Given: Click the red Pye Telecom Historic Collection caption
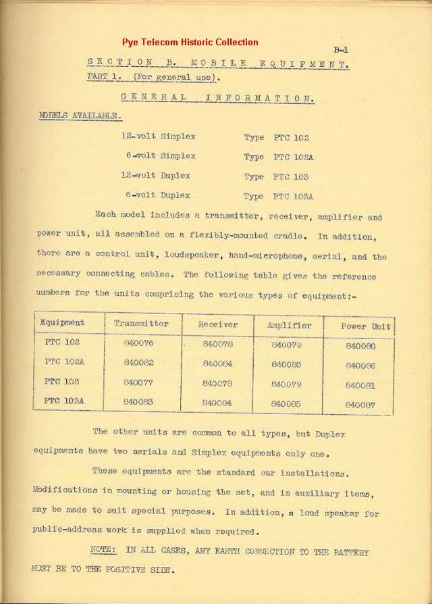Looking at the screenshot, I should click(190, 42).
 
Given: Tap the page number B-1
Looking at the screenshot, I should click(340, 49).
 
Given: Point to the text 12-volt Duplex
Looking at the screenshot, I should click(155, 176).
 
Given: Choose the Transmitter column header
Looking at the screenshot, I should click(141, 324).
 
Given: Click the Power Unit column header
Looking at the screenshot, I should click(366, 326).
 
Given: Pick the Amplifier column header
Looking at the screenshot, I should click(289, 325).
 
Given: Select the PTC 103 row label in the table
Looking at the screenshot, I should click(61, 382).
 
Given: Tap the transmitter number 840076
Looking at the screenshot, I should click(139, 343).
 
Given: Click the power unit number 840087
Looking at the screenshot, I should click(360, 405).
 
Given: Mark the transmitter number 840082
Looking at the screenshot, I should click(139, 362).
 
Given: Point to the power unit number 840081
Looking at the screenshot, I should click(360, 385).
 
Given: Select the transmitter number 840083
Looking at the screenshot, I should click(139, 401).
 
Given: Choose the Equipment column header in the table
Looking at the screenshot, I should click(62, 322).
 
